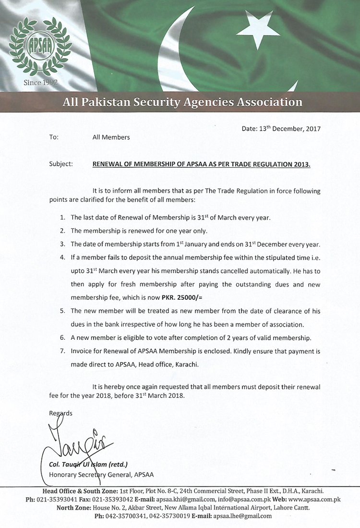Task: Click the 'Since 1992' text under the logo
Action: (41, 83)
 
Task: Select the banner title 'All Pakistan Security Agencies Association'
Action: (182, 102)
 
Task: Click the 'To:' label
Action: (54, 137)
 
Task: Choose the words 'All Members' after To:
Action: (111, 137)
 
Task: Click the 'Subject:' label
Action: (61, 164)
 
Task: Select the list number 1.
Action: (63, 218)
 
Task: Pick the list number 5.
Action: (63, 311)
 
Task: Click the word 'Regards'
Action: (61, 413)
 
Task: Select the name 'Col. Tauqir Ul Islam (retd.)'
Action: (88, 465)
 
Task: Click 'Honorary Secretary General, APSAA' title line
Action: (101, 475)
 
